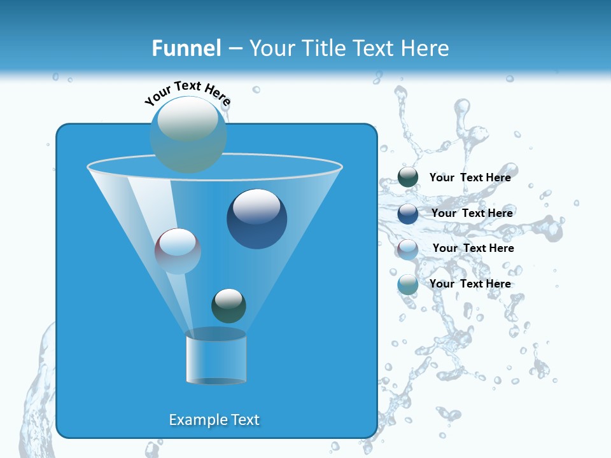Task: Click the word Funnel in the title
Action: pyautogui.click(x=186, y=48)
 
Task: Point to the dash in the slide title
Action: pyautogui.click(x=234, y=49)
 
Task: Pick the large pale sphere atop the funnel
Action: pyautogui.click(x=188, y=134)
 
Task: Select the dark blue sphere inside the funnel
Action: pyautogui.click(x=257, y=219)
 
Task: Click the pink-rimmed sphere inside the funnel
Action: pyautogui.click(x=178, y=251)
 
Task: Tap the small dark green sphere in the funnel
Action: pyautogui.click(x=228, y=305)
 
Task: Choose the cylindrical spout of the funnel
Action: pyautogui.click(x=216, y=358)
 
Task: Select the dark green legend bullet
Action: pyautogui.click(x=408, y=177)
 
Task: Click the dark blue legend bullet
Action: pyautogui.click(x=408, y=214)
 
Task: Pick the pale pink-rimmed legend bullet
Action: pyautogui.click(x=408, y=249)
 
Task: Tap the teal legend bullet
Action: pyautogui.click(x=408, y=284)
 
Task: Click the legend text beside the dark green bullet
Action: pyautogui.click(x=470, y=177)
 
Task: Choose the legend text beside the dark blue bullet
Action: pyautogui.click(x=472, y=213)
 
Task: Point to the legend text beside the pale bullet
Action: pyautogui.click(x=473, y=248)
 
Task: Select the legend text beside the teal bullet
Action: pyautogui.click(x=470, y=284)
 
